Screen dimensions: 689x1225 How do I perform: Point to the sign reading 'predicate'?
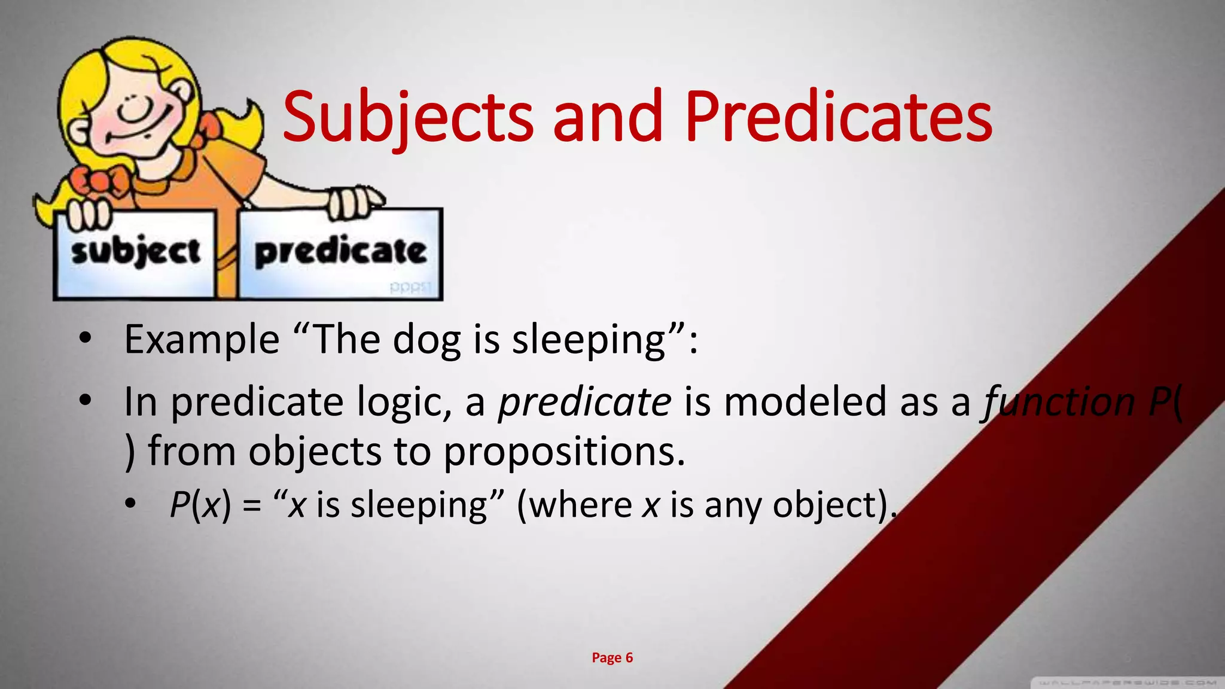[x=340, y=253]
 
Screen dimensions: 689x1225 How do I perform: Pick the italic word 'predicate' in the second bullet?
[x=584, y=402]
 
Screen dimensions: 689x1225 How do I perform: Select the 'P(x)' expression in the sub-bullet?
[x=200, y=505]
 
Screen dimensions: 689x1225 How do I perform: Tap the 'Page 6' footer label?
[x=612, y=658]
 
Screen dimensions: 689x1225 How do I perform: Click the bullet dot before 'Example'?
[x=85, y=339]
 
